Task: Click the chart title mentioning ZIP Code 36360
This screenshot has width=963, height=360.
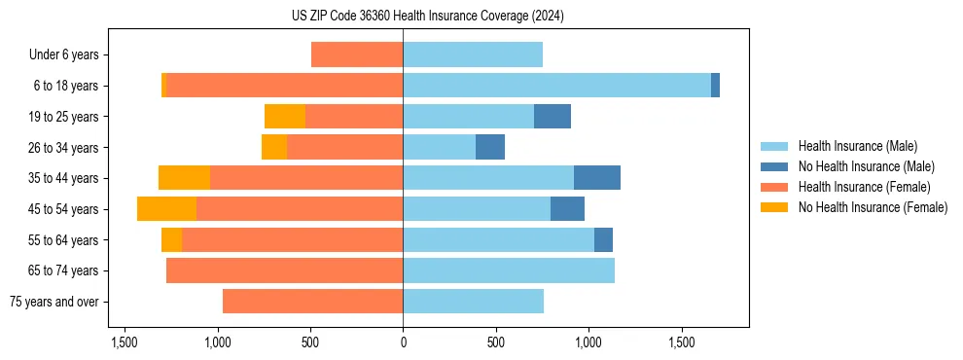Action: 427,17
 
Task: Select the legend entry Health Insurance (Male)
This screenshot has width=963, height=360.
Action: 857,146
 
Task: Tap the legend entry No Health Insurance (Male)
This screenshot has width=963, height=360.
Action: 866,166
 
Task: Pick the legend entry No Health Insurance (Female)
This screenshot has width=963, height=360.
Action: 873,207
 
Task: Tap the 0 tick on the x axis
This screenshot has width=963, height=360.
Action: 403,343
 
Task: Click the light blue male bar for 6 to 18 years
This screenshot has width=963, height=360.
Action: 556,86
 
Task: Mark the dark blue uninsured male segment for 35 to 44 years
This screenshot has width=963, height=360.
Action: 597,178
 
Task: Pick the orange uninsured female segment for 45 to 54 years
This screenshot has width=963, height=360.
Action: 166,209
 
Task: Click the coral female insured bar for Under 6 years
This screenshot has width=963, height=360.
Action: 357,54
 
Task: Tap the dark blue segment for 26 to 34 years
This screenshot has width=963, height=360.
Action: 490,147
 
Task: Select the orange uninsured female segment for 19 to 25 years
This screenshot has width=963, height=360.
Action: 285,117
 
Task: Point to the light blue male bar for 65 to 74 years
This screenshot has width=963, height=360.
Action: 509,270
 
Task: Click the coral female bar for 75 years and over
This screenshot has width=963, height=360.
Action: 312,302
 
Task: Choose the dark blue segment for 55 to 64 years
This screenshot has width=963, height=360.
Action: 603,239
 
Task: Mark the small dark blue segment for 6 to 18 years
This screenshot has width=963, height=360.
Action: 715,86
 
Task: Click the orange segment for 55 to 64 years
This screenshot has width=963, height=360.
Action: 171,239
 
